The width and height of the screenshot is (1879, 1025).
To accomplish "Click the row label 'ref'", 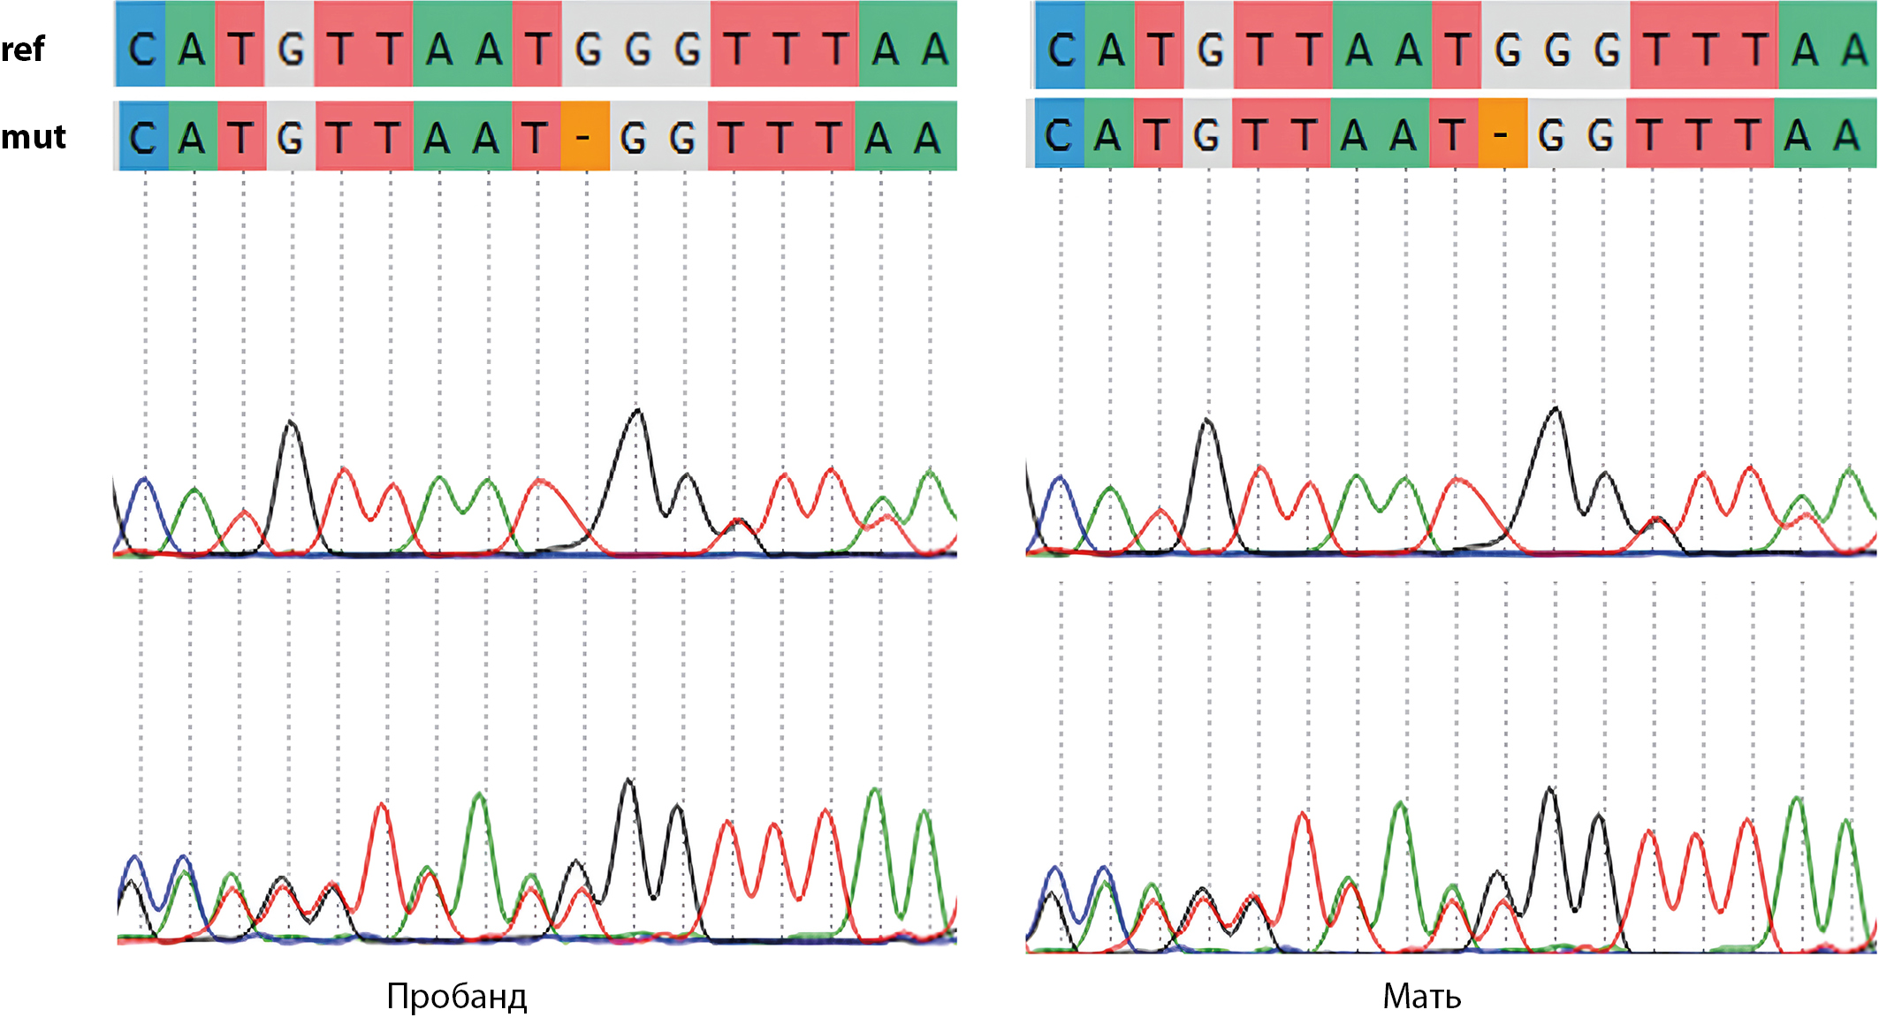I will click(x=23, y=49).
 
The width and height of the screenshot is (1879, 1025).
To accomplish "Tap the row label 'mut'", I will click(x=34, y=137).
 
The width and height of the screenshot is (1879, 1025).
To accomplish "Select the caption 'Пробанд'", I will click(x=457, y=996).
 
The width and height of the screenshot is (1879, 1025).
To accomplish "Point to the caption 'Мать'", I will click(x=1421, y=996).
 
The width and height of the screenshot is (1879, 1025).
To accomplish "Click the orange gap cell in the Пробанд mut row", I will click(x=584, y=137).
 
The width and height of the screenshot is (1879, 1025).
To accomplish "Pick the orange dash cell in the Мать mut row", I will click(x=1502, y=134).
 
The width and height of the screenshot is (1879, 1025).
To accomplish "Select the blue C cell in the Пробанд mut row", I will click(x=142, y=137).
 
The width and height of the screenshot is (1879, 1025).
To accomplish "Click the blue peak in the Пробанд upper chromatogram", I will click(x=144, y=482).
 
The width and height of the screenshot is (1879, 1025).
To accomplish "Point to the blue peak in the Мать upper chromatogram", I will click(x=1060, y=480).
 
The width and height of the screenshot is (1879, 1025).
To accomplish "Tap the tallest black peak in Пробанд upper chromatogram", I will click(x=636, y=412).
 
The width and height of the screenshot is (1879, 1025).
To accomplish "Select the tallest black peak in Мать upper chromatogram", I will click(x=1556, y=410).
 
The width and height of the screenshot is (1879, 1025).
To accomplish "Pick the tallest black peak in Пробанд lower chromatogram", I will click(x=628, y=781).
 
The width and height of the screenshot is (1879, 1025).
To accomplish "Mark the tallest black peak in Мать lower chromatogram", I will click(x=1549, y=789).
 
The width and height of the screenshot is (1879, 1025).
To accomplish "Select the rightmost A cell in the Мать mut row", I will click(x=1848, y=134).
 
